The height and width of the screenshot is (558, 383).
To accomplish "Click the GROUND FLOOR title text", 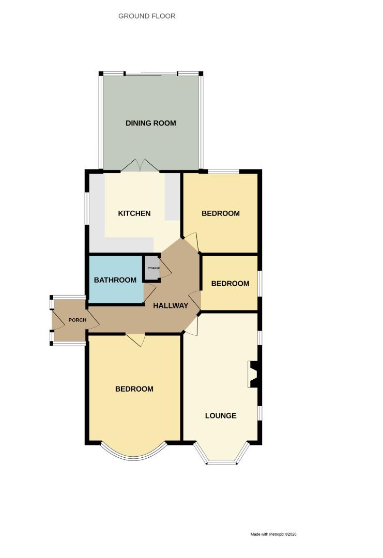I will (x=147, y=16).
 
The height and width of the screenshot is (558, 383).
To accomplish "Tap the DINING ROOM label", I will (x=151, y=123).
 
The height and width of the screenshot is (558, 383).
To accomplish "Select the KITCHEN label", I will (x=134, y=213).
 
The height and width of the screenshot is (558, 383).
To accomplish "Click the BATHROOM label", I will (x=115, y=280).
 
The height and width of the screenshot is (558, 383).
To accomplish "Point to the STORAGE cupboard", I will (x=151, y=268).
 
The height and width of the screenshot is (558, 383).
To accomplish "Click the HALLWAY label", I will (x=171, y=305).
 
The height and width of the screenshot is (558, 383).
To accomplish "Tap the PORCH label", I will (x=76, y=320).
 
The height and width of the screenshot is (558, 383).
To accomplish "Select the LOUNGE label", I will (x=221, y=415).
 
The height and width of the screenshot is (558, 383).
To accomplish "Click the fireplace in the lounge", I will (x=254, y=374).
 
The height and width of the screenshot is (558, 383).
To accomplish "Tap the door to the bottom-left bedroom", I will (x=135, y=339).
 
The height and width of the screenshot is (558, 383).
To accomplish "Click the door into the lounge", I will (x=191, y=326).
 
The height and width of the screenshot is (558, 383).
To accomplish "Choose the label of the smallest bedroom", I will (x=230, y=283).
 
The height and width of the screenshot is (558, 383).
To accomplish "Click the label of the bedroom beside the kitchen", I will (x=221, y=213).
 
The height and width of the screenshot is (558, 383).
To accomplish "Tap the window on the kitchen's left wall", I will (x=87, y=208).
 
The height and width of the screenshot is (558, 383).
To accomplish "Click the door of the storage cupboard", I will (x=165, y=269).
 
